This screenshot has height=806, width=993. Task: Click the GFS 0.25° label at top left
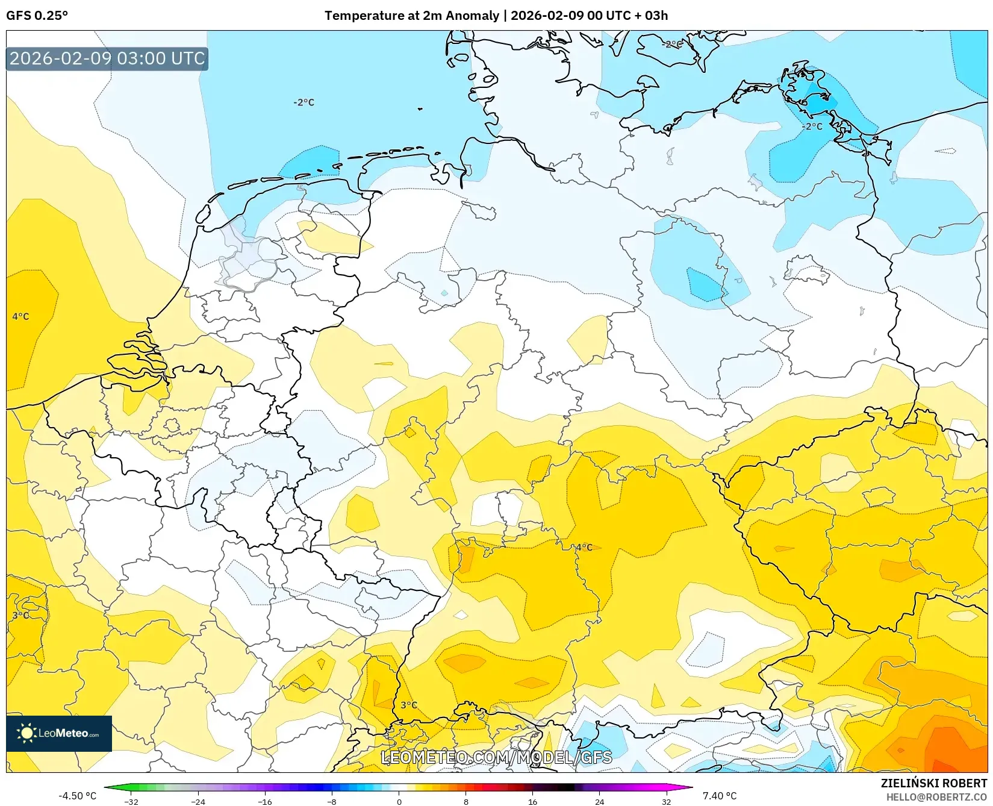[37, 16]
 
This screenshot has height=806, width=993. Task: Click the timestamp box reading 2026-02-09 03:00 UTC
[107, 58]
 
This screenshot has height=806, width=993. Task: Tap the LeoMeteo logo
[59, 733]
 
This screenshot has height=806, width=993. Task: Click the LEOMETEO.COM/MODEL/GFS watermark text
[496, 757]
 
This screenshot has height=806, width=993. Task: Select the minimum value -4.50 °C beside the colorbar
[77, 796]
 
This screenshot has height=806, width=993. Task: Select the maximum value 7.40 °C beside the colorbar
[720, 796]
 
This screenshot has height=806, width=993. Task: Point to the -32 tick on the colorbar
[131, 801]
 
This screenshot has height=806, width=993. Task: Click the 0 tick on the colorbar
[399, 801]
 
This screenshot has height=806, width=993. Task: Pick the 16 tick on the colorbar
[532, 801]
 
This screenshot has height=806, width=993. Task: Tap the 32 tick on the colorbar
[666, 801]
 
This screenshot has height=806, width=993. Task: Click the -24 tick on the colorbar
[198, 801]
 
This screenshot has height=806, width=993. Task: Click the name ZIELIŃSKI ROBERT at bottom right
[934, 783]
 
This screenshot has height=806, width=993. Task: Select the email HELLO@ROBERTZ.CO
[936, 797]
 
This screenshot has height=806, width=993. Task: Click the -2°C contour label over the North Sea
[304, 102]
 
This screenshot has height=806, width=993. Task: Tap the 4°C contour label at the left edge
[20, 316]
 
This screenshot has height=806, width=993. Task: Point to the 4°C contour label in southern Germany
[584, 547]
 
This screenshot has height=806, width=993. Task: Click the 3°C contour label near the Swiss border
[409, 705]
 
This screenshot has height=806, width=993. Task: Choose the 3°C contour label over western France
[20, 615]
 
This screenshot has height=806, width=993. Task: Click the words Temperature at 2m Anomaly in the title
[412, 16]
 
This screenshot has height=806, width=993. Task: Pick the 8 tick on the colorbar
[465, 801]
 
